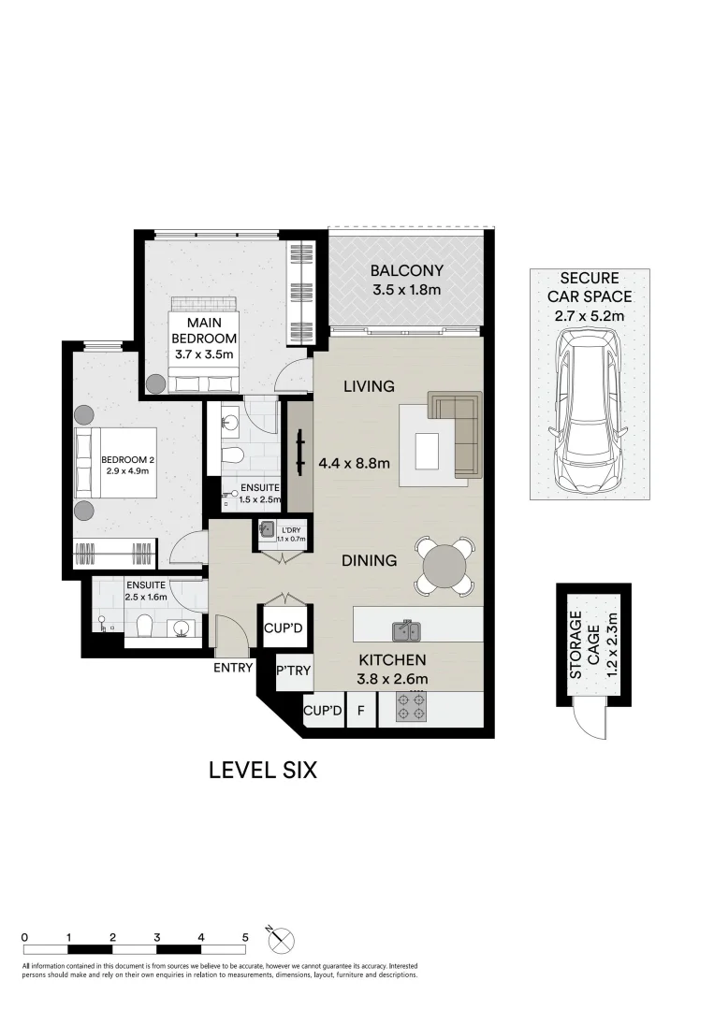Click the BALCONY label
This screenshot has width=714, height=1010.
[406, 271]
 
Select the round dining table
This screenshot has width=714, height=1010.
[443, 566]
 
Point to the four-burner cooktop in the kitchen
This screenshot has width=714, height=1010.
[412, 708]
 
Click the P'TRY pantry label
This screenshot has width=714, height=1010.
[294, 671]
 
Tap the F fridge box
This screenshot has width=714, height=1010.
[359, 711]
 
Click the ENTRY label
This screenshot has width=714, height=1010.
[233, 667]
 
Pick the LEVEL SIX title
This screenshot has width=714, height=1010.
[263, 771]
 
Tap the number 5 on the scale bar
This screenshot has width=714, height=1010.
[245, 936]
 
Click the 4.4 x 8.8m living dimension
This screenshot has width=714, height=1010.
[354, 462]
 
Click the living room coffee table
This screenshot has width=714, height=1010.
[429, 451]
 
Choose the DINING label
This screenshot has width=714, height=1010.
[369, 561]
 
